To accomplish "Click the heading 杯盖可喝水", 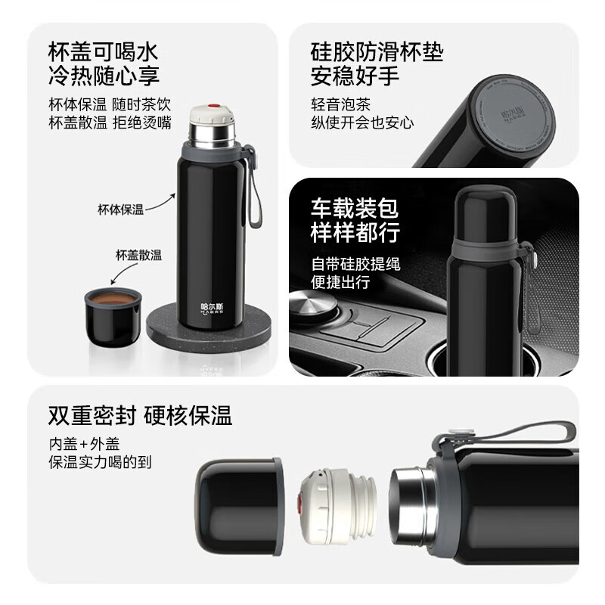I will click(102, 51).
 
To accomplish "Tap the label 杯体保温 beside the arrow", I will click(120, 209).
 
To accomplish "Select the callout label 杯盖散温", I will click(138, 255).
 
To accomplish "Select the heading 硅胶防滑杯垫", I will click(377, 51).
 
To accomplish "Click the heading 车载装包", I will click(354, 208).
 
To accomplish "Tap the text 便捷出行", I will click(341, 282).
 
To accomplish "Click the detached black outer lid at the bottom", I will click(239, 505).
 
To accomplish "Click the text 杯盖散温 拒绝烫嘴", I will click(110, 123).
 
